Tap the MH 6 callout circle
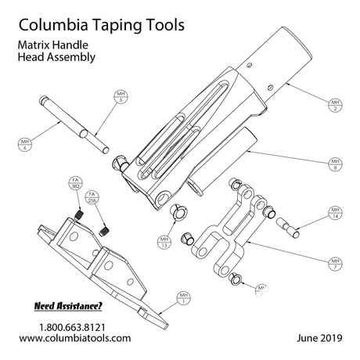(26, 144)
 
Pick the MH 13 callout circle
(164, 241)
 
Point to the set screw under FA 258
(105, 229)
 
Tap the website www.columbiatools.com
(74, 338)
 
